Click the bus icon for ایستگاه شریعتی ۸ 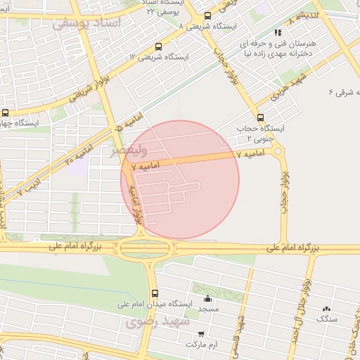[207, 15]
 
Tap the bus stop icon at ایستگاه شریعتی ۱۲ [157, 46]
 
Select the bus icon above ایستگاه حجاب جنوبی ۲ [261, 117]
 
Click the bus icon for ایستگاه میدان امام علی [155, 293]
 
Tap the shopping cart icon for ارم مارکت [202, 334]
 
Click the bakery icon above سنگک [326, 309]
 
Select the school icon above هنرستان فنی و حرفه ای [278, 32]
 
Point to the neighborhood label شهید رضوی [157, 322]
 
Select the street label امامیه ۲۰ [79, 152]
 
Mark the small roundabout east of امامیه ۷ [278, 150]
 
